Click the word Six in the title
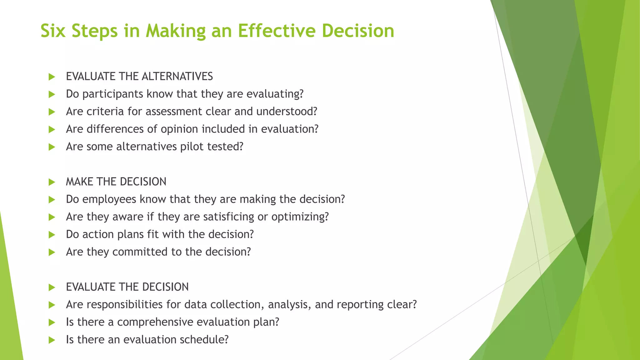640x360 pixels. [x=53, y=31]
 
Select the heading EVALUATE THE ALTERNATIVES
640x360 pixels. [x=139, y=77]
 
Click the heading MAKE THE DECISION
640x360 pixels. [x=116, y=182]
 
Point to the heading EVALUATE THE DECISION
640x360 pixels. [x=127, y=287]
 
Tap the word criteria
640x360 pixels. [x=105, y=112]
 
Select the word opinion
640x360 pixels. [x=179, y=129]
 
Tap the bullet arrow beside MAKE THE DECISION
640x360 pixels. [x=52, y=182]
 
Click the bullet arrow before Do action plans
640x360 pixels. [x=52, y=235]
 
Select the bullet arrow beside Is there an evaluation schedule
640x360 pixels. [x=52, y=340]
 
